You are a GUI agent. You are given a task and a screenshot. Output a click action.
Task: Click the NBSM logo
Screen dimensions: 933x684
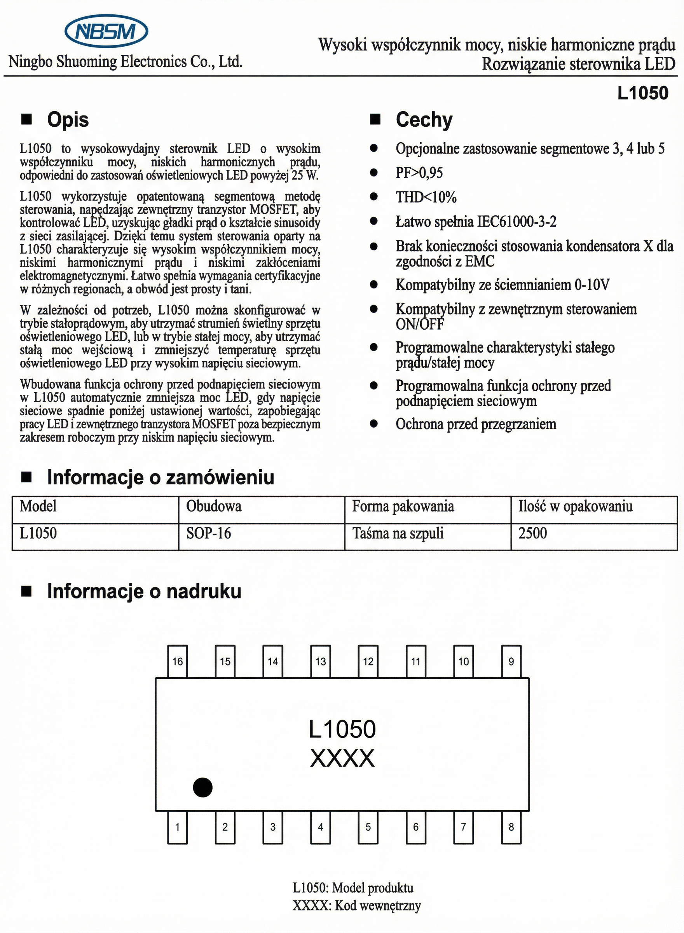point(106,31)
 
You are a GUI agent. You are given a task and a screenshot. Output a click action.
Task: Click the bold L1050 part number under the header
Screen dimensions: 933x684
point(642,93)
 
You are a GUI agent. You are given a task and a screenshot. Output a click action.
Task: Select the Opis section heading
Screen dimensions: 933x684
point(68,120)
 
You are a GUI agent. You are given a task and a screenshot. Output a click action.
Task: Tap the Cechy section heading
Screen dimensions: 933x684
point(424,120)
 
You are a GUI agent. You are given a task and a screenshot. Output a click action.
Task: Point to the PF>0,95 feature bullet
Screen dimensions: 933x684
point(419,173)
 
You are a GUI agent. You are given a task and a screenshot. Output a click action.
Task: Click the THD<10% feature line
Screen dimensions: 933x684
point(426,197)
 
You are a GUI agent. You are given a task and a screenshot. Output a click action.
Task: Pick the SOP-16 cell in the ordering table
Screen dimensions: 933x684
point(208,533)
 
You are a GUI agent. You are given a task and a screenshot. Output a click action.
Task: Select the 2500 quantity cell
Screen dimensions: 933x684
point(532,533)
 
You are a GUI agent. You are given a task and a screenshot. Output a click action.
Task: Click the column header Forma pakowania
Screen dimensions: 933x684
point(403,507)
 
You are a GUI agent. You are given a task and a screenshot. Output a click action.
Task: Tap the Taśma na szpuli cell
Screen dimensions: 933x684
point(398,533)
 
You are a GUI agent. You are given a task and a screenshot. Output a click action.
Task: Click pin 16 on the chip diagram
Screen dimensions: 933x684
point(177,661)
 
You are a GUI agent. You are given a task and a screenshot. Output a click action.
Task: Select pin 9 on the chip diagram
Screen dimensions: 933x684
point(511,661)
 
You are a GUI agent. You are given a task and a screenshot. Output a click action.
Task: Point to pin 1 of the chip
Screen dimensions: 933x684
point(177,827)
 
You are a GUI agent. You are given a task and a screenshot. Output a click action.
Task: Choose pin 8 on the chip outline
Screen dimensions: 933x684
point(511,827)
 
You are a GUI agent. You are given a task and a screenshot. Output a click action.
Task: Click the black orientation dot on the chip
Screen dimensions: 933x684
point(202,787)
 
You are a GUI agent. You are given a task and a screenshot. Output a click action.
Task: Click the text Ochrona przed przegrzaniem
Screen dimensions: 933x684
point(476,424)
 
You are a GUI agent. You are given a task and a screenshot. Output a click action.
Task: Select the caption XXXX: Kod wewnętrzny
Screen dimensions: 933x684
point(356,906)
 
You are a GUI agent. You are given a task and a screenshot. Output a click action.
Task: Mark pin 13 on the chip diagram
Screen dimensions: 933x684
point(321,661)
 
